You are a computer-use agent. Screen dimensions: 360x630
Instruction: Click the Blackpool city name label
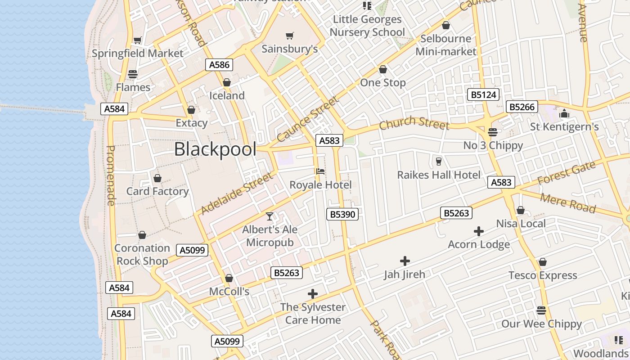click(x=215, y=149)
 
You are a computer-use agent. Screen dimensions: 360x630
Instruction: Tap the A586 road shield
click(x=220, y=65)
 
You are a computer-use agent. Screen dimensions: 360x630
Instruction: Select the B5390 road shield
click(x=342, y=214)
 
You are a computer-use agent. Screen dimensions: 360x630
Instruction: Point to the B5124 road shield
click(x=484, y=94)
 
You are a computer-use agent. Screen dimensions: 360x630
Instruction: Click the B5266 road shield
click(x=522, y=107)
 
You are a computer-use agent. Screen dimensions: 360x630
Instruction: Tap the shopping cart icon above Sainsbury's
click(x=290, y=36)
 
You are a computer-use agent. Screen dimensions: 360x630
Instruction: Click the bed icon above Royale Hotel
click(x=320, y=171)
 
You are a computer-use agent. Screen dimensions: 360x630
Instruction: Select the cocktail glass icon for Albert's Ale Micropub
click(x=270, y=216)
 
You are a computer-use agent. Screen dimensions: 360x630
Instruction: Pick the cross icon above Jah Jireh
click(x=405, y=261)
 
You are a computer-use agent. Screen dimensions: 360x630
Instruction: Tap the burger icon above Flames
click(x=133, y=74)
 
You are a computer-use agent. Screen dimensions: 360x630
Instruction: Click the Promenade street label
click(x=111, y=175)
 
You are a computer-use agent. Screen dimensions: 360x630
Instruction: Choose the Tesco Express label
click(x=543, y=275)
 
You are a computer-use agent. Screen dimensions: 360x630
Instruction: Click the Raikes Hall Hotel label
click(x=439, y=175)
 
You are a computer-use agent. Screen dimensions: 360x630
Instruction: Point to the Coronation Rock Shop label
click(x=142, y=254)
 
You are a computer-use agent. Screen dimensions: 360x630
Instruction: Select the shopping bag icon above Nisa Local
click(x=521, y=210)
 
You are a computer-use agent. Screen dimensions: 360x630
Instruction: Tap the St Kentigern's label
click(x=564, y=127)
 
